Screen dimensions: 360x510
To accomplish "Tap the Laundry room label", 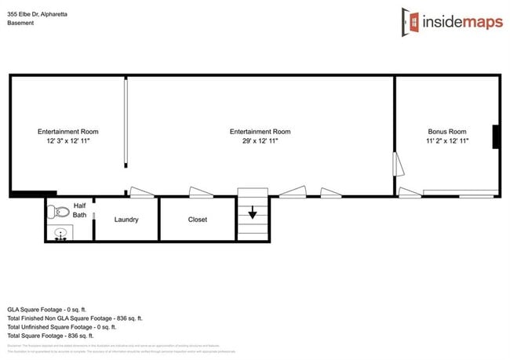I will (x=126, y=220).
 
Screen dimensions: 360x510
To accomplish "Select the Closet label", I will (x=198, y=220).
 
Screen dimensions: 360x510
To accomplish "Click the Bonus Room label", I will (x=446, y=132).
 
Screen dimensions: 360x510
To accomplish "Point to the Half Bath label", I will (x=79, y=209).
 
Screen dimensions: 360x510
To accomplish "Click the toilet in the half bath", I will (x=58, y=212).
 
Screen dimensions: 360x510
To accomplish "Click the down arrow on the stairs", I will (x=253, y=213).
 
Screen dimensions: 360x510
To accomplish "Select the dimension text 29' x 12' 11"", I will (x=260, y=141).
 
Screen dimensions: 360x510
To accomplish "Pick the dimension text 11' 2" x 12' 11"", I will (x=446, y=141).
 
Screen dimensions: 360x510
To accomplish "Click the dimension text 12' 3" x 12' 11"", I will (x=68, y=141).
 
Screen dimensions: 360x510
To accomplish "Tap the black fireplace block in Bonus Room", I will (x=496, y=137).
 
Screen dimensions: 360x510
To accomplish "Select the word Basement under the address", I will (x=20, y=24).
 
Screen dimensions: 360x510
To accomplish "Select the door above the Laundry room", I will (x=142, y=192).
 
